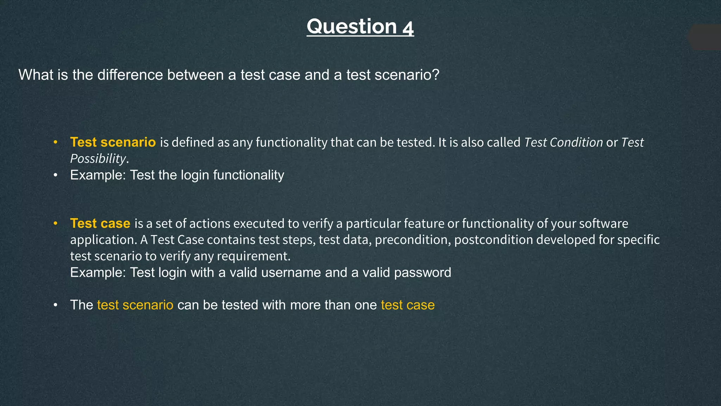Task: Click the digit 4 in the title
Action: [408, 27]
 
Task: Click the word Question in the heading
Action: [352, 27]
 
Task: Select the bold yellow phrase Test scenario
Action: [113, 142]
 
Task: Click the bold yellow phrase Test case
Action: [100, 223]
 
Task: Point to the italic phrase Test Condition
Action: [564, 142]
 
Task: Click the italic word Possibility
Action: [98, 159]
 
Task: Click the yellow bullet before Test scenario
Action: [55, 142]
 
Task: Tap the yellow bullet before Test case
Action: [55, 223]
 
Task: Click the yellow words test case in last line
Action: [408, 305]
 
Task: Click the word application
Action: [103, 240]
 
